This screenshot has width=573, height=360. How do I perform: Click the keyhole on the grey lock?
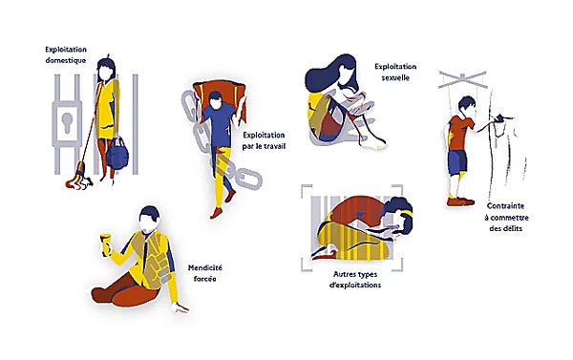[x=67, y=122]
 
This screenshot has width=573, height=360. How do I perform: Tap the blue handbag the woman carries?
[x=117, y=153]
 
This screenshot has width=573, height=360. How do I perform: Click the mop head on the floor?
[x=78, y=179]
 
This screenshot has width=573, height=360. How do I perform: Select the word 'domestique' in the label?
[x=66, y=60]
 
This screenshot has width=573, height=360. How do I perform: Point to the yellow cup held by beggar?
[x=105, y=244]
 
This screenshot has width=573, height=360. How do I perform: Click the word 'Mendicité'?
[x=205, y=267]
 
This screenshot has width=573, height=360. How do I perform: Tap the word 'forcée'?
[x=205, y=279]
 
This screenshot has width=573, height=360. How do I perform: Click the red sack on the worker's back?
[x=220, y=98]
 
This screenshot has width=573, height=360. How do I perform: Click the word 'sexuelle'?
[x=395, y=77]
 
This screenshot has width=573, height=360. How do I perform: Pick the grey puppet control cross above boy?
[x=462, y=79]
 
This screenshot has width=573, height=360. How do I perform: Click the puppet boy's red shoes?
[x=460, y=201]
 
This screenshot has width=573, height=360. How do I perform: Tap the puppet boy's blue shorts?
[x=457, y=162]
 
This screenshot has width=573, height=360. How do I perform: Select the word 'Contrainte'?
[x=506, y=206]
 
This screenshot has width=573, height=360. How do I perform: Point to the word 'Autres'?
[x=346, y=274]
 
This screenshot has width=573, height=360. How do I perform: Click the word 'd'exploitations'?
[x=355, y=286]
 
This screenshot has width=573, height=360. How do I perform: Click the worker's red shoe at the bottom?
[x=216, y=213]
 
